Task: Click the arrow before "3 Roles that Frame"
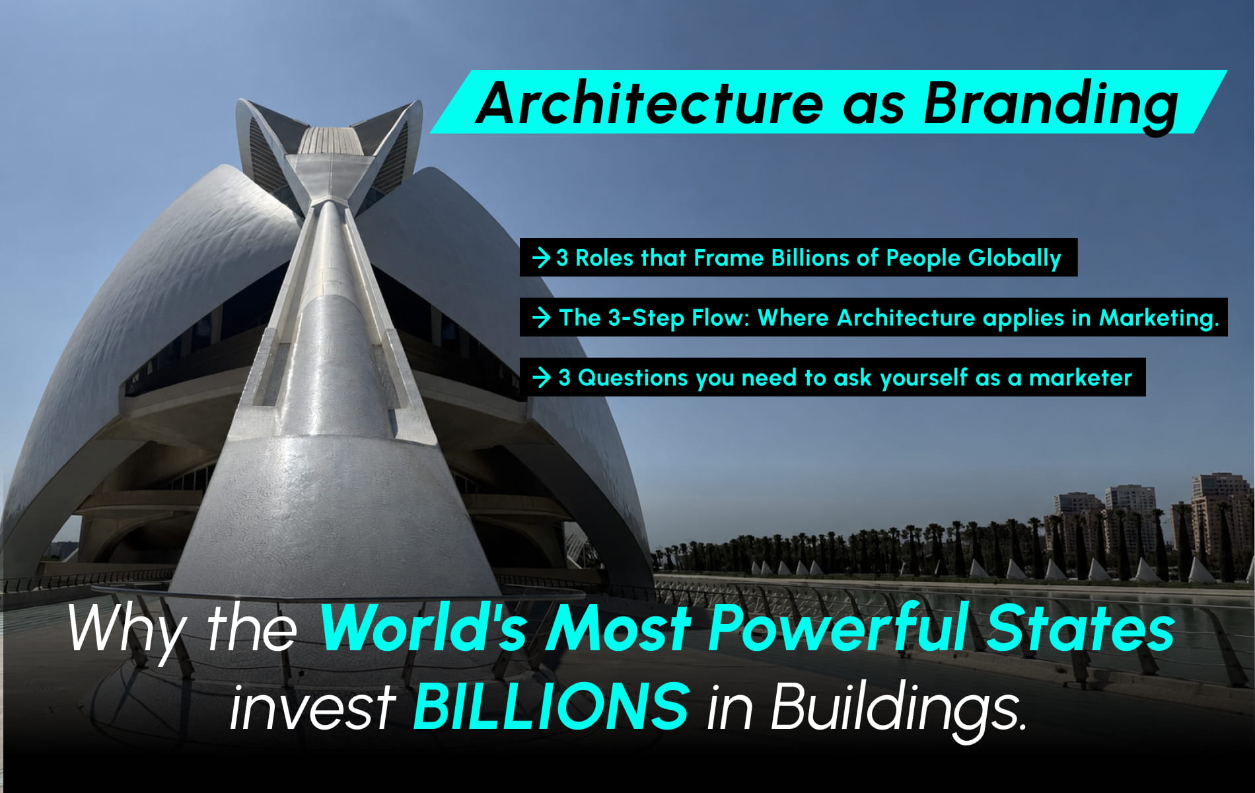(x=542, y=258)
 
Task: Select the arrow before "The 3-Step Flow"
(x=542, y=318)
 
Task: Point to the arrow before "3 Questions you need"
(x=542, y=378)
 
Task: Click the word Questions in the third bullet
(x=624, y=378)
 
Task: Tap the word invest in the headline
(x=312, y=706)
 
